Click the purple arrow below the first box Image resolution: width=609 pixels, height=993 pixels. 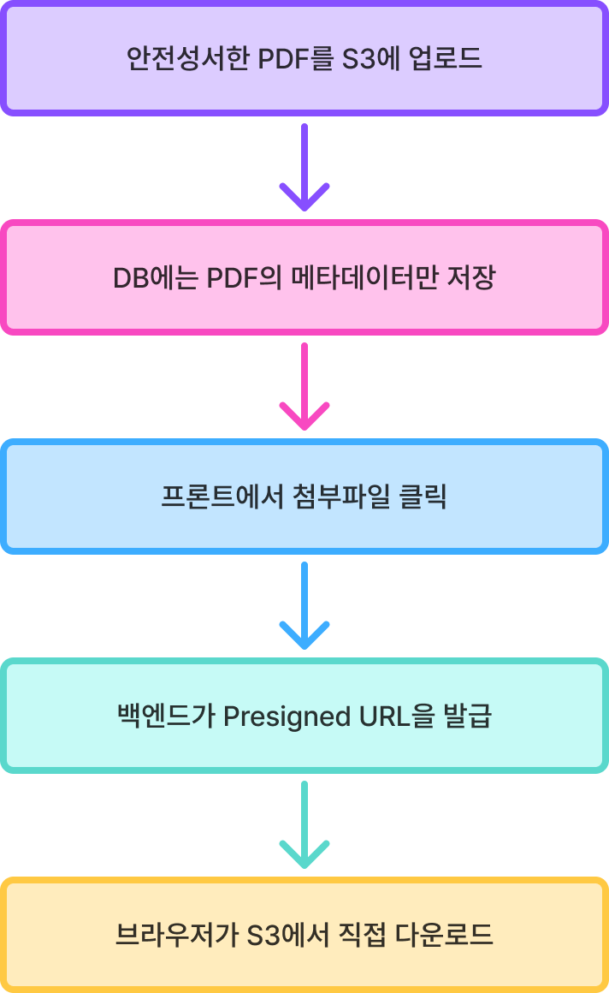pos(304,168)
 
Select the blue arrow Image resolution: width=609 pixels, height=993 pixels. pos(304,605)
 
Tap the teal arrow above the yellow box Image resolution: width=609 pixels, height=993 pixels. pos(304,824)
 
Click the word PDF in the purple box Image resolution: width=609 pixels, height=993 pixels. pos(286,59)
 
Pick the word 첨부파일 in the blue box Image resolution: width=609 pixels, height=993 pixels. pos(339,496)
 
